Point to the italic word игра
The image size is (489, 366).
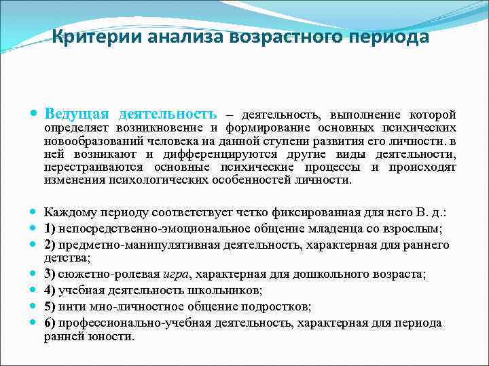pos(176,274)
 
